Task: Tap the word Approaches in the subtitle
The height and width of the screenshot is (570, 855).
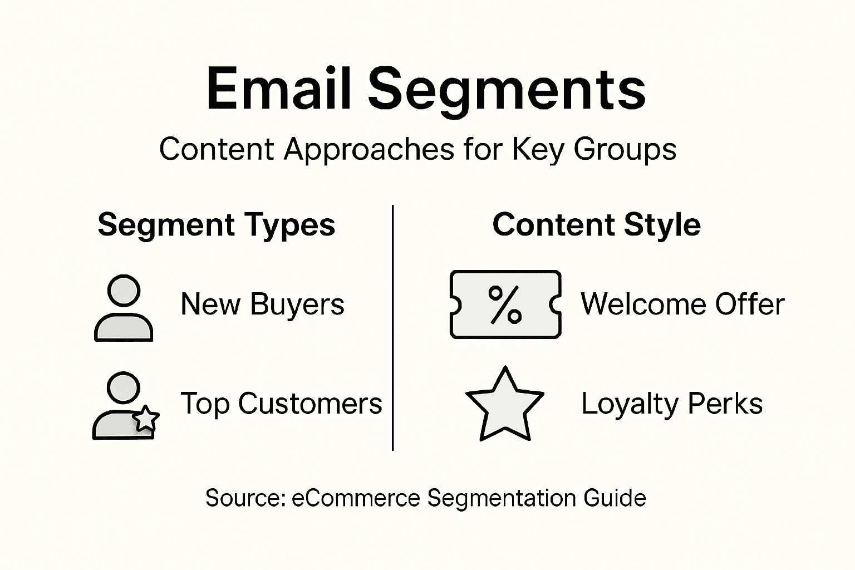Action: pos(368,149)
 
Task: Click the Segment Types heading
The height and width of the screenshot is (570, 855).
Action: pos(216,225)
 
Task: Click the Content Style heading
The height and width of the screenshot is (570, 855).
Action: pos(596,225)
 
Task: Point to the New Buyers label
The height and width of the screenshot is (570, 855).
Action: pos(262,304)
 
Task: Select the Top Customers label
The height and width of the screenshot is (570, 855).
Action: pos(281,404)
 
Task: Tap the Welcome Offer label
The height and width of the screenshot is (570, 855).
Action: pos(682,304)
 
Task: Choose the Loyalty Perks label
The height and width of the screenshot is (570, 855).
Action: pos(671,404)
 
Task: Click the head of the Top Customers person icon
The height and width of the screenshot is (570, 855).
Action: pos(123,388)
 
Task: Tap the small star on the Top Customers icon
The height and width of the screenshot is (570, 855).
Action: pos(146,419)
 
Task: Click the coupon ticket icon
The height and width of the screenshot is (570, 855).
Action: pos(505,304)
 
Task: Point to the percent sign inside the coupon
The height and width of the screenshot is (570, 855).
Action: pos(505,304)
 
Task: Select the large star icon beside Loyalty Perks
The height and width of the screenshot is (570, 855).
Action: pos(504,405)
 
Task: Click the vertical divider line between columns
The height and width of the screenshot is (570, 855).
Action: pos(393,328)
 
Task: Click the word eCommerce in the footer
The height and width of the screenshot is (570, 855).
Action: pos(356,498)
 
